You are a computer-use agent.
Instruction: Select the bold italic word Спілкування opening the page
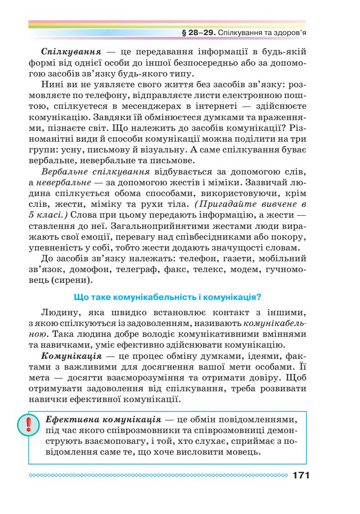click(x=67, y=51)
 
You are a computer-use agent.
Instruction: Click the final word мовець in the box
click(x=245, y=452)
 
